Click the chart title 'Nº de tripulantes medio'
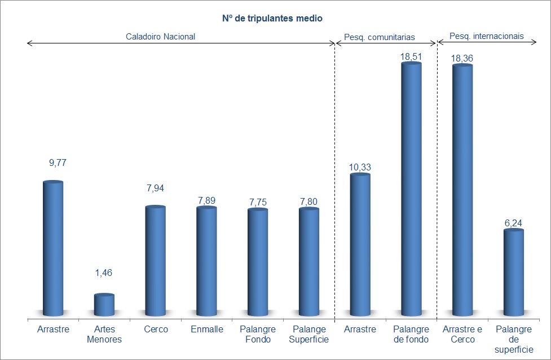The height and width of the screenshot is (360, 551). click(x=272, y=19)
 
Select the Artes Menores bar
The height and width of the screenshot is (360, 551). click(x=104, y=305)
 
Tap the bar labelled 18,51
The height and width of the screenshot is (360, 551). click(x=412, y=189)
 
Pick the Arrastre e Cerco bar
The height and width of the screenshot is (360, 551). click(x=462, y=190)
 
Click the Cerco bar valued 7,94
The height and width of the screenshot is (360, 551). click(x=156, y=261)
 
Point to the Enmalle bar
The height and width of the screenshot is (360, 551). click(x=206, y=262)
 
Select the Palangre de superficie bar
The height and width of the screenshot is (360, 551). click(x=514, y=273)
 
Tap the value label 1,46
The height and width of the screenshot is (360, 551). click(x=104, y=273)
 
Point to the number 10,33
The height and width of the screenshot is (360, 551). click(x=360, y=167)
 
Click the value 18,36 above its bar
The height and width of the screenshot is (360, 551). click(x=462, y=58)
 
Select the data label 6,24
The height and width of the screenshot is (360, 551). click(x=514, y=222)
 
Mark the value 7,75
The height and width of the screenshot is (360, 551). click(x=258, y=201)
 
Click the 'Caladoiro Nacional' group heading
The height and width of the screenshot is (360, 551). click(x=160, y=36)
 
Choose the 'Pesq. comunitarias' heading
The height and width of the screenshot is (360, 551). click(x=380, y=37)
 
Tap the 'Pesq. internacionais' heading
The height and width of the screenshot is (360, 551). click(x=487, y=36)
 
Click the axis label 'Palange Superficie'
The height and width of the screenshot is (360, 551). click(x=308, y=334)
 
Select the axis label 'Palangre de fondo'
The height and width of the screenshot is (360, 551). click(x=412, y=334)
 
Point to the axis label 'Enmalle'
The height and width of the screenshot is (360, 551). click(x=206, y=329)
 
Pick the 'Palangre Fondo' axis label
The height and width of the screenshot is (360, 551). click(x=258, y=334)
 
